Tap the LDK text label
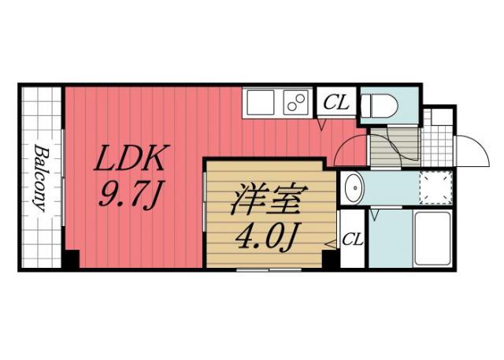[x=130, y=161]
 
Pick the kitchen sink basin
[x=259, y=102]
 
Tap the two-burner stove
[x=297, y=103]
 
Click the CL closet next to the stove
[x=337, y=102]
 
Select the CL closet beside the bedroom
[x=352, y=239]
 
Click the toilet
[x=388, y=104]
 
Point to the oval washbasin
[x=353, y=189]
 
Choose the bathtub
[x=432, y=239]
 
